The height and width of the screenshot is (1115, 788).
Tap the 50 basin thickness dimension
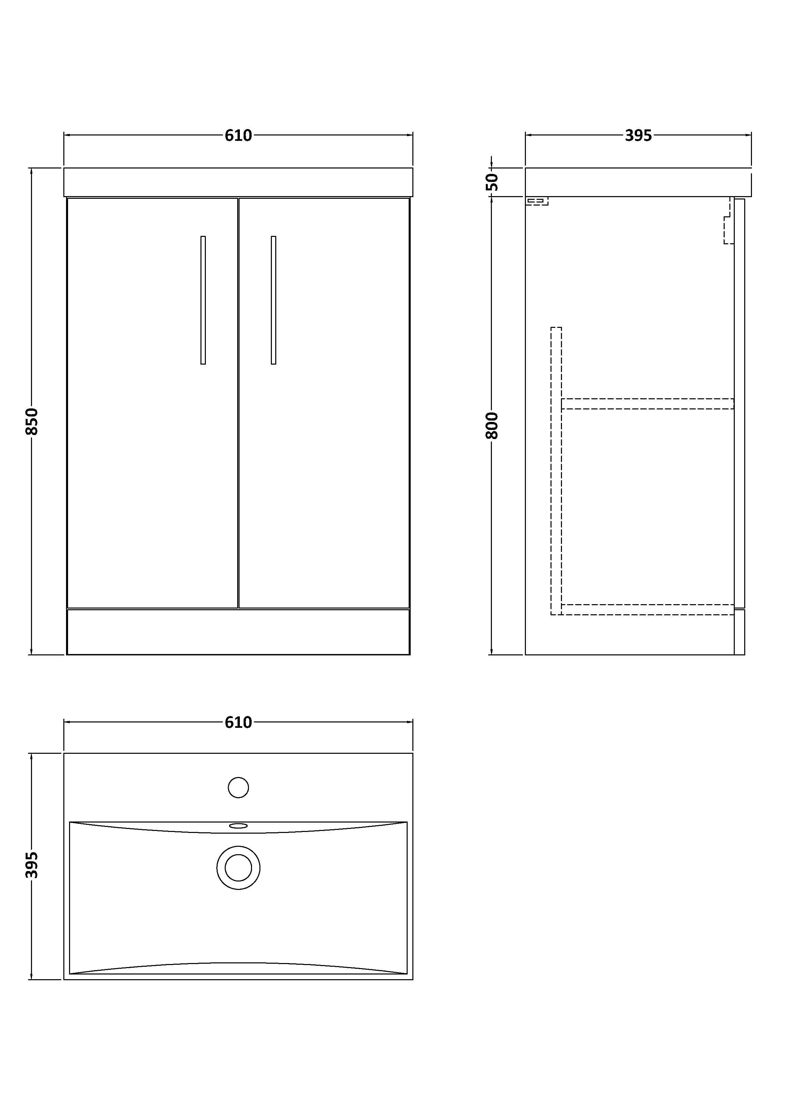492,182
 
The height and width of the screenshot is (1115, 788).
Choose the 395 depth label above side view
638,135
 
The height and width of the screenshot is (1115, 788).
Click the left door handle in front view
203,300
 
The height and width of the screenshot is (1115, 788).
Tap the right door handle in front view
273,300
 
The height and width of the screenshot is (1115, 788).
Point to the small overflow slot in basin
239,826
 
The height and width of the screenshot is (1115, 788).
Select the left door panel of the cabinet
153,403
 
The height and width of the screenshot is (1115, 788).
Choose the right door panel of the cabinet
324,403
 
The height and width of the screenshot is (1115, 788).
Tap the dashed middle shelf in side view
647,404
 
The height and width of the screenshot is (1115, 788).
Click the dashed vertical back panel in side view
556,471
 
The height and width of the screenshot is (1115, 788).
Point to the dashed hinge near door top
728,228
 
